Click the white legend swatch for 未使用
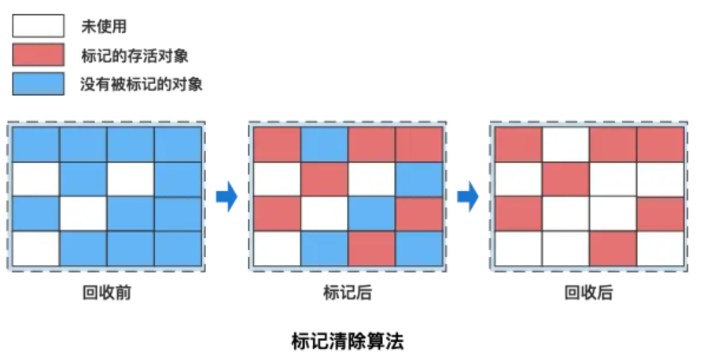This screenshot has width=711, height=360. pyautogui.click(x=37, y=28)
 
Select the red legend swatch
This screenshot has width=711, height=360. pyautogui.click(x=37, y=56)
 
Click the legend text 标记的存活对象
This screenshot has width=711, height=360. pyautogui.click(x=134, y=56)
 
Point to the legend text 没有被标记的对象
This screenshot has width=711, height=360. pyautogui.click(x=142, y=84)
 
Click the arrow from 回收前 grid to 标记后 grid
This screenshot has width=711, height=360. pyautogui.click(x=227, y=197)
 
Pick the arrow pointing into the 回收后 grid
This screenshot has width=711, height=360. pyautogui.click(x=468, y=197)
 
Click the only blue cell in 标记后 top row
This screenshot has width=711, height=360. pyautogui.click(x=324, y=144)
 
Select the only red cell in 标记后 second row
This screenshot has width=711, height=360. pyautogui.click(x=324, y=179)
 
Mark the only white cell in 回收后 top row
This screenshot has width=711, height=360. pyautogui.click(x=565, y=144)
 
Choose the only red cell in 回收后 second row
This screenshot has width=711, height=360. pyautogui.click(x=565, y=179)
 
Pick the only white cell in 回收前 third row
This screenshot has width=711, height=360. pyautogui.click(x=83, y=214)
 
